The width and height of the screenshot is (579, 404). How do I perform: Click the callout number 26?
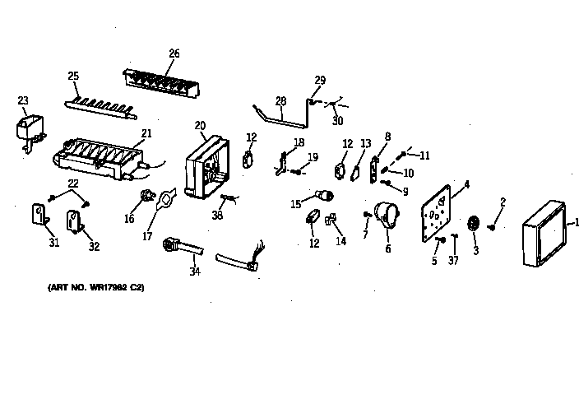pos(174,54)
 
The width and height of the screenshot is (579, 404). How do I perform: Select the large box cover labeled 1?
pos(544,234)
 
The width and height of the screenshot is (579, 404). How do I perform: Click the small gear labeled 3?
pos(473,224)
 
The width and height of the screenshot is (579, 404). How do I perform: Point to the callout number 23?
pos(22,101)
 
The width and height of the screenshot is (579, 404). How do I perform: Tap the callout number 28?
pos(281,101)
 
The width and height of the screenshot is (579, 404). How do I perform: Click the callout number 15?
pos(295,203)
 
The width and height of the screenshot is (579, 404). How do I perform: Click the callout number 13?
pos(366,144)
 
